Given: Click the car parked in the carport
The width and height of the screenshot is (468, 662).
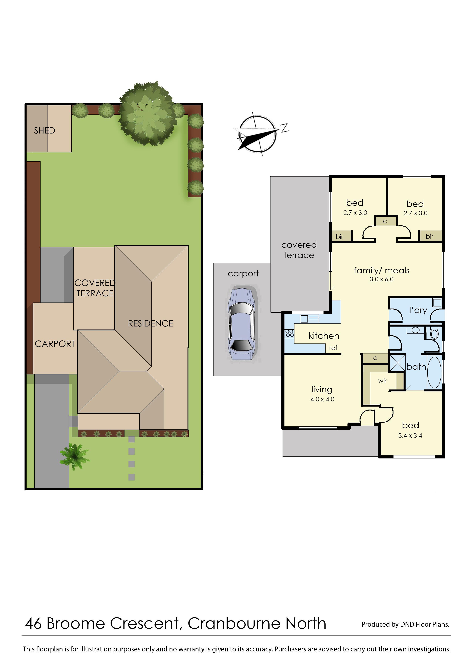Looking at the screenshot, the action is [242, 323].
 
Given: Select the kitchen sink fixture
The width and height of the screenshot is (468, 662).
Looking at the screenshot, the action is [309, 319].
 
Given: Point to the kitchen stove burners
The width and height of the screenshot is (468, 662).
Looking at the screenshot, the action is [289, 333].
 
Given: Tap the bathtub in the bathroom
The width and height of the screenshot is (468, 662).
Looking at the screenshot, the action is [434, 372].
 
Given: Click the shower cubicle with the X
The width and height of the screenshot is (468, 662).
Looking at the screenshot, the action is [397, 363].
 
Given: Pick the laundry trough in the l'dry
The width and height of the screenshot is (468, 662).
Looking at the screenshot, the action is [437, 303].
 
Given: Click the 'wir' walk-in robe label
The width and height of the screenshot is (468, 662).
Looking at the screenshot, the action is [382, 381].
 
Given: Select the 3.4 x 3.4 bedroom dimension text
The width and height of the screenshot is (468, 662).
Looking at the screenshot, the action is [410, 436].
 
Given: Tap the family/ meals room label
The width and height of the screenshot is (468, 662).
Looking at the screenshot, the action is [382, 271].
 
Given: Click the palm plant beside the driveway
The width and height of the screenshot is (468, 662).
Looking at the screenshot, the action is [75, 456].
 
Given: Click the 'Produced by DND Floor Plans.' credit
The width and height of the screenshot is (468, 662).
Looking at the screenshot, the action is [405, 624].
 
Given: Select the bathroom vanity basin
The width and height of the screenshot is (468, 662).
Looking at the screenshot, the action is [415, 330].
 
